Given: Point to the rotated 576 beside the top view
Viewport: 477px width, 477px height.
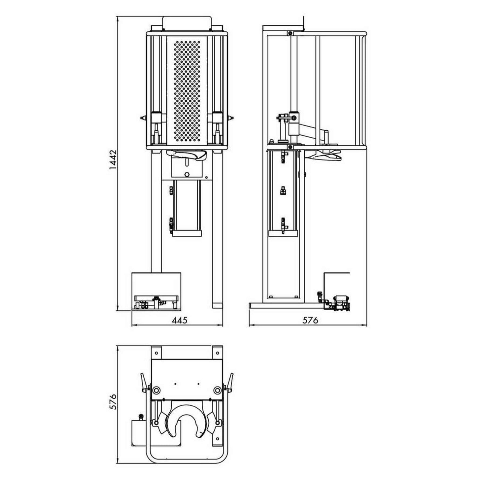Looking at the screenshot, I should (113, 401).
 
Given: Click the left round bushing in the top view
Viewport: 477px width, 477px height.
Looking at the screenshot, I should (156, 390).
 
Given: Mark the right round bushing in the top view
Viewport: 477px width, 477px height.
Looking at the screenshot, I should (217, 390).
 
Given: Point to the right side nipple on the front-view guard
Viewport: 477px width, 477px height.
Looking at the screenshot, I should (231, 117).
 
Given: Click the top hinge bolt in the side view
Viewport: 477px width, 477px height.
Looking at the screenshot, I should (290, 33).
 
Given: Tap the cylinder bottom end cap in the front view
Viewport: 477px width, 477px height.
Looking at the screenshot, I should (187, 234).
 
